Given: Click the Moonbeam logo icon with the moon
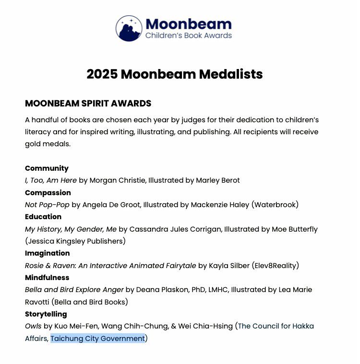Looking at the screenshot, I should click(129, 28).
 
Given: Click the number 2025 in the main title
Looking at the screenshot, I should click(102, 74).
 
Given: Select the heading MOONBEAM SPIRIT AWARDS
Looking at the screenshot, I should click(88, 104).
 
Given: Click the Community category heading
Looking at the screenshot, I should click(47, 168).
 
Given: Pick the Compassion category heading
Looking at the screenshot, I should click(48, 193).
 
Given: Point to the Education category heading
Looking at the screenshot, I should click(43, 217).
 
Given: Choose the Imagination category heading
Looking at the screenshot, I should click(47, 253).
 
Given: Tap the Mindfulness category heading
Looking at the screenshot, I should click(47, 278).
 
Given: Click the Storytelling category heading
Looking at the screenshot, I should click(46, 314).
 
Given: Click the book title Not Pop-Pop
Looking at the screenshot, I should click(47, 205).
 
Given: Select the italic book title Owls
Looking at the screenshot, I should click(33, 326).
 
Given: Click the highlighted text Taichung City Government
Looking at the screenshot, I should click(97, 339).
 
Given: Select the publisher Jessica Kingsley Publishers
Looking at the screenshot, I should click(75, 241).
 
